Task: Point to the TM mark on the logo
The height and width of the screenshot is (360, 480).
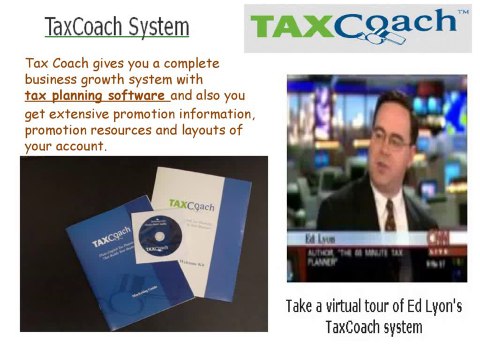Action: point(462,13)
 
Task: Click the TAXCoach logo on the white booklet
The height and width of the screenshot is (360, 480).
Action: point(190,204)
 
